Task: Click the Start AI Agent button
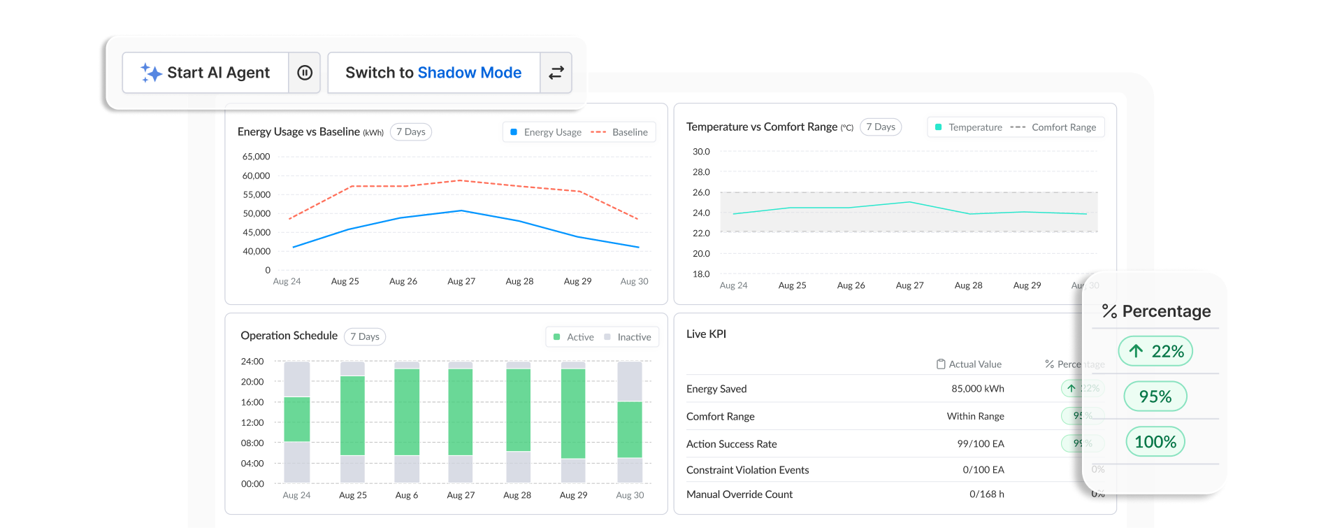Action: pyautogui.click(x=205, y=73)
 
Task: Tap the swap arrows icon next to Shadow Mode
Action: pyautogui.click(x=556, y=73)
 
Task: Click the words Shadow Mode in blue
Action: pyautogui.click(x=469, y=73)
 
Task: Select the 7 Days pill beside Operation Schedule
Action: pyautogui.click(x=365, y=336)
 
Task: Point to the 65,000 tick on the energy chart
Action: pyautogui.click(x=256, y=157)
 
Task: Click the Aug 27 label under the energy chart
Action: pyautogui.click(x=461, y=281)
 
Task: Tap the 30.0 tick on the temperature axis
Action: pyautogui.click(x=701, y=152)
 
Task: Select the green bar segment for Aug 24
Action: pyautogui.click(x=297, y=419)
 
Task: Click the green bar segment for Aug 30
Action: pyautogui.click(x=630, y=429)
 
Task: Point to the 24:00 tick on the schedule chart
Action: pyautogui.click(x=252, y=362)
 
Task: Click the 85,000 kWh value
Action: pyautogui.click(x=977, y=389)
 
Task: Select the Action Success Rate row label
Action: pyautogui.click(x=731, y=444)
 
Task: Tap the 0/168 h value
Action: pyautogui.click(x=986, y=494)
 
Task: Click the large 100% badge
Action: pyautogui.click(x=1155, y=442)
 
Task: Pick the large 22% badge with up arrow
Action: pyautogui.click(x=1155, y=351)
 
